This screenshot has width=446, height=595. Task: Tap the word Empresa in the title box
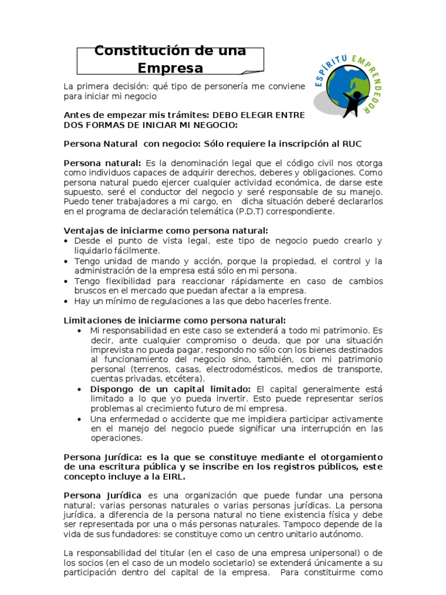[171, 69]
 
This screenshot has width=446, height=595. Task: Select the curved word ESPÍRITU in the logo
[333, 64]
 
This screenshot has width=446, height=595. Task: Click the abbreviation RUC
[356, 144]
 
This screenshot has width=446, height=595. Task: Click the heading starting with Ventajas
[166, 231]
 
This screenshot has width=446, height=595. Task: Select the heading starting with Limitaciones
[175, 320]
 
